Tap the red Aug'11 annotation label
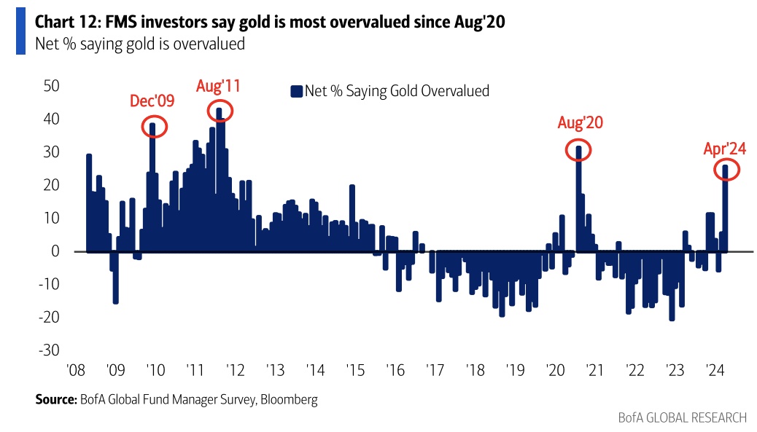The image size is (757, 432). [218, 86]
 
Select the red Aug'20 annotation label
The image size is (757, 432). [581, 123]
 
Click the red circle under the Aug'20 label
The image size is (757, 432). [578, 150]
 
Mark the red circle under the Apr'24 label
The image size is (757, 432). [726, 170]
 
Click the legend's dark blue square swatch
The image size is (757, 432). [296, 91]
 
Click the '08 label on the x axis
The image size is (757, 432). [77, 369]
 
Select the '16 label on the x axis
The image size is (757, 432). [395, 369]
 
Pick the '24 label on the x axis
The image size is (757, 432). [713, 369]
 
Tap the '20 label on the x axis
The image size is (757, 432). [554, 369]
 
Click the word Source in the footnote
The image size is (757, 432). [55, 399]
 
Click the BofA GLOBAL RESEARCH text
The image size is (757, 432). [682, 417]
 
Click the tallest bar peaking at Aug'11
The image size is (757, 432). [220, 182]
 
